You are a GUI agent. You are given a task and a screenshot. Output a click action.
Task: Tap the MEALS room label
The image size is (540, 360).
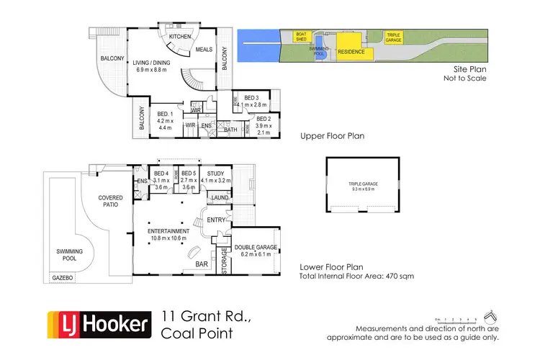(204, 50)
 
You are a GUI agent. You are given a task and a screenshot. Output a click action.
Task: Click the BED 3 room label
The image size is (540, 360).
(251, 97)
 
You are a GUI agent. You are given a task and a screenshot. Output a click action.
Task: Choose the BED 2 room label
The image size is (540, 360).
(263, 118)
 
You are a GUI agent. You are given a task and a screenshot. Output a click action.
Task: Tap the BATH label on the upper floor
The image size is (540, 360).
(231, 130)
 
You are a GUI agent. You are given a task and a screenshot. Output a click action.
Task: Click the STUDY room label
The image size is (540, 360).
(215, 174)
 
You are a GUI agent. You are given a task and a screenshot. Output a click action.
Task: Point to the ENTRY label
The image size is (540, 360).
(216, 220)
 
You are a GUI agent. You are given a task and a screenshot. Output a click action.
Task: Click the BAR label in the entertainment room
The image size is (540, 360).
(202, 264)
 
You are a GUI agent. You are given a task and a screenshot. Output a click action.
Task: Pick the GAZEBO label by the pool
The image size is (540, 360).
(60, 277)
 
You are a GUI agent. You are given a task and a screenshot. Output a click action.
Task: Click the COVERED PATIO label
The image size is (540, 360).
(111, 200)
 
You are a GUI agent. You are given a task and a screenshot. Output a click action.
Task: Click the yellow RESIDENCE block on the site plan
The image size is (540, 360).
(352, 52)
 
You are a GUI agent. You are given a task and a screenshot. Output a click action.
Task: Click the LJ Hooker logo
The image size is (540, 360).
(98, 324)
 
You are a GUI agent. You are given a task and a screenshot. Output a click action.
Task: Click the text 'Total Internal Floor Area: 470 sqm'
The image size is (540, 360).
(356, 276)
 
